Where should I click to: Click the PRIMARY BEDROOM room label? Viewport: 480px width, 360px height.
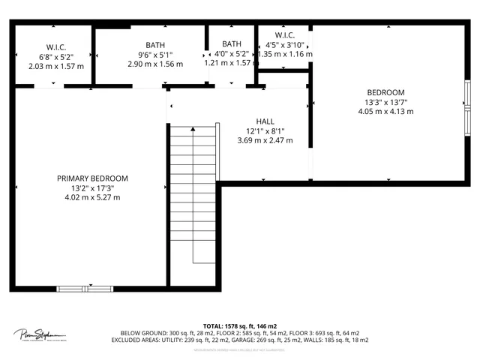pos(92,178)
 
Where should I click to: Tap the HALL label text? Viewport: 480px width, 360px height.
pos(265,121)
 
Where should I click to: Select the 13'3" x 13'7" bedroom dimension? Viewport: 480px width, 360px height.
pos(385,102)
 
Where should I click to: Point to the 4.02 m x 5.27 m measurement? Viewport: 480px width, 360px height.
pos(92,197)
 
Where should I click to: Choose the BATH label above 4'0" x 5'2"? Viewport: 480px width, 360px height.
pos(232,44)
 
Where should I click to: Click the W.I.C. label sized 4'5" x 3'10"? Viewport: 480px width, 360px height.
pos(284,35)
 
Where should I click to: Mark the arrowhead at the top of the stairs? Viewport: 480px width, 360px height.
pos(193,130)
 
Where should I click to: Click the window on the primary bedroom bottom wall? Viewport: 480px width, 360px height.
pos(85,287)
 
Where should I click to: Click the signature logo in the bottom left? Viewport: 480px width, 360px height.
pos(38,335)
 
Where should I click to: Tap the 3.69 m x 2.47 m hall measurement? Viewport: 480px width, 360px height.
pos(265,140)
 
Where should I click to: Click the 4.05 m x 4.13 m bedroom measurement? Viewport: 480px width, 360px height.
pos(385,112)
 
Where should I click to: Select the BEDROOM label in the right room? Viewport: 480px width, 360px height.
pos(385,92)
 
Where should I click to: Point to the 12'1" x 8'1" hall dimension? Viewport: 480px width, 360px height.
pos(265,130)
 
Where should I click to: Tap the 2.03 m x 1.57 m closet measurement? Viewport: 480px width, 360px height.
pos(56,65)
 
